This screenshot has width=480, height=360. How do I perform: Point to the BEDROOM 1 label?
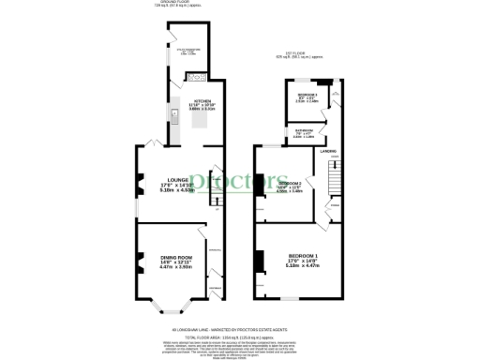pos(302,255)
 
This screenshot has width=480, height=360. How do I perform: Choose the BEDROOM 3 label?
pos(307,96)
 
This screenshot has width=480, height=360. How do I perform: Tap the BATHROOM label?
pos(303,130)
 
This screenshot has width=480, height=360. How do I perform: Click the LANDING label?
pos(327,150)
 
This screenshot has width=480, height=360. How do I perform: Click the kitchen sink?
pos(175,115)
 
